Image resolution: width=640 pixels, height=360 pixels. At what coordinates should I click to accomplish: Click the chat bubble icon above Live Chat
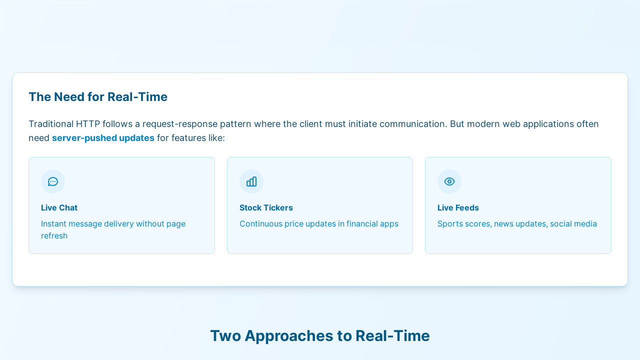[53, 181]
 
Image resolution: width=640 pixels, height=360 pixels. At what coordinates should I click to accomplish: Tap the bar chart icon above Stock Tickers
[251, 181]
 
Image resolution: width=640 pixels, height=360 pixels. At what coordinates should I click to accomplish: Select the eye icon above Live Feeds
[449, 181]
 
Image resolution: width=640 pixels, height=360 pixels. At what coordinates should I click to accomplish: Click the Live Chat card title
[59, 207]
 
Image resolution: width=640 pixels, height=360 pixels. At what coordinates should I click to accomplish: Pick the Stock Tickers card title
[266, 207]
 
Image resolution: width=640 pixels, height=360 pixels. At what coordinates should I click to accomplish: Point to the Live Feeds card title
[458, 207]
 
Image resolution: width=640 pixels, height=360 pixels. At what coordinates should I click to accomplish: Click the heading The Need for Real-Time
[98, 97]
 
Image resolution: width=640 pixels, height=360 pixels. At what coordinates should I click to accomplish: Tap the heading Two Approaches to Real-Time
[320, 335]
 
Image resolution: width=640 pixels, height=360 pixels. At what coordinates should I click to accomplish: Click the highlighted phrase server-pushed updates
[103, 138]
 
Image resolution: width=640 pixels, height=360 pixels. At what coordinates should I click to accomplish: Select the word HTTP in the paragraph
[88, 124]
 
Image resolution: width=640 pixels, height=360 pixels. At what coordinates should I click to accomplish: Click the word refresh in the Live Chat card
[54, 235]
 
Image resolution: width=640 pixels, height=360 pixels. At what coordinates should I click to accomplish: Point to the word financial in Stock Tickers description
[362, 223]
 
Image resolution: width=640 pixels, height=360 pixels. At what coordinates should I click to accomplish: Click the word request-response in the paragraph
[180, 124]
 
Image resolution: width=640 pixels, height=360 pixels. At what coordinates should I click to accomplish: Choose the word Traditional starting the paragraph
[51, 124]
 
